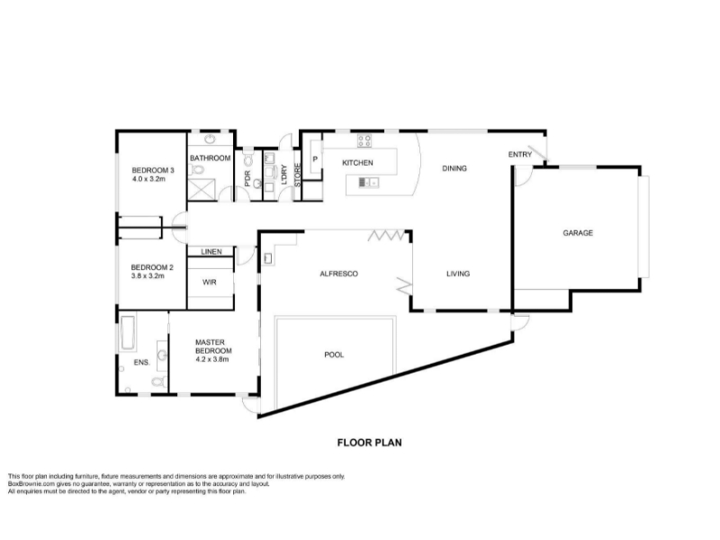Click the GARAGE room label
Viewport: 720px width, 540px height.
coord(578,233)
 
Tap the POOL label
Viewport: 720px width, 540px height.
coord(334,355)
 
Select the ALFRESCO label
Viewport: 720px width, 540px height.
coord(339,274)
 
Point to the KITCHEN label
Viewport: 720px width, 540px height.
coord(357,163)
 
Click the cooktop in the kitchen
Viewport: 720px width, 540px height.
coord(364,140)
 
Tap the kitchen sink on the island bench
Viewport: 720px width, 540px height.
coord(368,183)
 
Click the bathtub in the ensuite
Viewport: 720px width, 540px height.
coord(127,332)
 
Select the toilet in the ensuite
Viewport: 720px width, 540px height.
coord(159,381)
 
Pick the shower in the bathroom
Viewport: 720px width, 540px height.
coord(202,189)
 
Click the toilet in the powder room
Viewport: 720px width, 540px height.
coord(248,160)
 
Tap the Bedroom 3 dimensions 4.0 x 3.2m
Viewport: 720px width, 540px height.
coord(148,179)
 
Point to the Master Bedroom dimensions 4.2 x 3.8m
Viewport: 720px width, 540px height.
coord(212,359)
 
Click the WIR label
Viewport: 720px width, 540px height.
coord(210,283)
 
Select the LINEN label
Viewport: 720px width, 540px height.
coord(211,252)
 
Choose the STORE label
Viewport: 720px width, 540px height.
coord(297,175)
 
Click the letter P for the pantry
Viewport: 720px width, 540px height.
coord(315,159)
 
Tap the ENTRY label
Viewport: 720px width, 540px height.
coord(520,155)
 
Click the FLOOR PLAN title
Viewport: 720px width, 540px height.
coord(370,443)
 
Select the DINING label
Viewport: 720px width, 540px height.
coord(454,168)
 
